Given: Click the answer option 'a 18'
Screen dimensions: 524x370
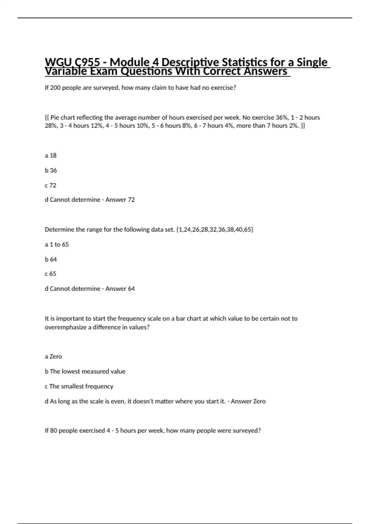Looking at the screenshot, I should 51,155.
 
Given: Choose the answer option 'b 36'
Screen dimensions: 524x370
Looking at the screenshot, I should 51,170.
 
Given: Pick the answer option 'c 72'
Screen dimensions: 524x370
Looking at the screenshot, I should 51,185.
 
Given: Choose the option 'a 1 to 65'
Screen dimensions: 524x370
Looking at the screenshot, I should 57,244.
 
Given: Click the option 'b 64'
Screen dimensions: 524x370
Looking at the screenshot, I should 51,260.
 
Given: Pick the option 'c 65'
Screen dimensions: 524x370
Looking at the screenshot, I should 51,274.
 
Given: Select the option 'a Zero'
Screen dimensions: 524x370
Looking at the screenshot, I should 53,357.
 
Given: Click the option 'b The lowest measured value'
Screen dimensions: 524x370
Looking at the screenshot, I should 85,371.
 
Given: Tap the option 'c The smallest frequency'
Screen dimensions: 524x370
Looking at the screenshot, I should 79,387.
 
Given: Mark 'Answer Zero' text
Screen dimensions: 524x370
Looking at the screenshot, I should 248,401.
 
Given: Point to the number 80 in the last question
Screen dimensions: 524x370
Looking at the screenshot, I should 54,431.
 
